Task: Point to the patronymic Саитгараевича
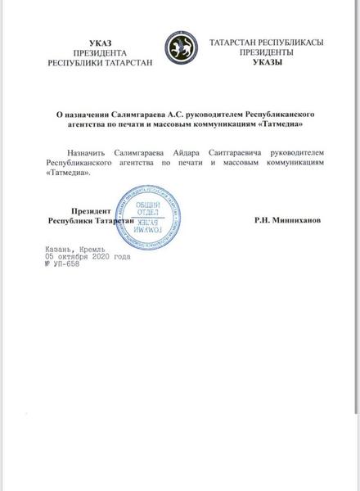point(251,152)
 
